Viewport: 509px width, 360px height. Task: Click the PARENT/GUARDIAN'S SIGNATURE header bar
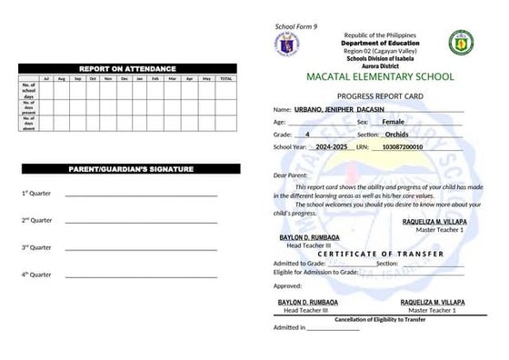[126, 171]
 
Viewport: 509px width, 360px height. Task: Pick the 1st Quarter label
[36, 194]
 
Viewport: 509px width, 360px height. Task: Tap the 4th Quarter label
[36, 274]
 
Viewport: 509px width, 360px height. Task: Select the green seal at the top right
[462, 44]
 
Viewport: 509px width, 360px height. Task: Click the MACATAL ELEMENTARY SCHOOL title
[380, 76]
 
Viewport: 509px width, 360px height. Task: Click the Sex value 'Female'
[394, 121]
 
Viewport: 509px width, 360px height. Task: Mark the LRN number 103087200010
[403, 145]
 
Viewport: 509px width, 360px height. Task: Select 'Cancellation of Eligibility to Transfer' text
[380, 319]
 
